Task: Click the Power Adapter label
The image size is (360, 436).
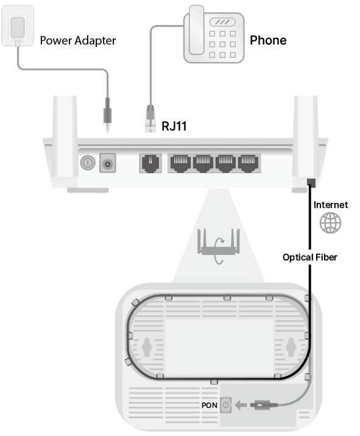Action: (78, 41)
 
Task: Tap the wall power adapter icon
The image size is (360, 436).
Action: (18, 26)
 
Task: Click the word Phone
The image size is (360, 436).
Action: (268, 40)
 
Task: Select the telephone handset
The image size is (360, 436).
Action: (196, 30)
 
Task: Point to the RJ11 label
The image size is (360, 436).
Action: (174, 126)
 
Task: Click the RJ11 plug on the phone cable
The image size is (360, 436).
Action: (150, 119)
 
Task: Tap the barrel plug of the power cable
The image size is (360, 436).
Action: (107, 115)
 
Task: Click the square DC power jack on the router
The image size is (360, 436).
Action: (107, 163)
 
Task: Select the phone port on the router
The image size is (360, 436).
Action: (150, 163)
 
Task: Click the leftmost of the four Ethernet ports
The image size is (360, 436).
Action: (180, 163)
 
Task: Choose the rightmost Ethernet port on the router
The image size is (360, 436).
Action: (248, 163)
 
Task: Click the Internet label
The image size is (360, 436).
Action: (331, 205)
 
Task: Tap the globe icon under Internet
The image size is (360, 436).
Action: (330, 223)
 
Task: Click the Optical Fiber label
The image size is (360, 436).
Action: (309, 257)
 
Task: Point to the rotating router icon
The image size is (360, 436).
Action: (218, 245)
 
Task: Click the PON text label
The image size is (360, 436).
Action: (210, 406)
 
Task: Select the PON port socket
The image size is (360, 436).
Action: (226, 405)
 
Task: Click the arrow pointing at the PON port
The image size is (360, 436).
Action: (241, 405)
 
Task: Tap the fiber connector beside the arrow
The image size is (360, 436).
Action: (264, 405)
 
